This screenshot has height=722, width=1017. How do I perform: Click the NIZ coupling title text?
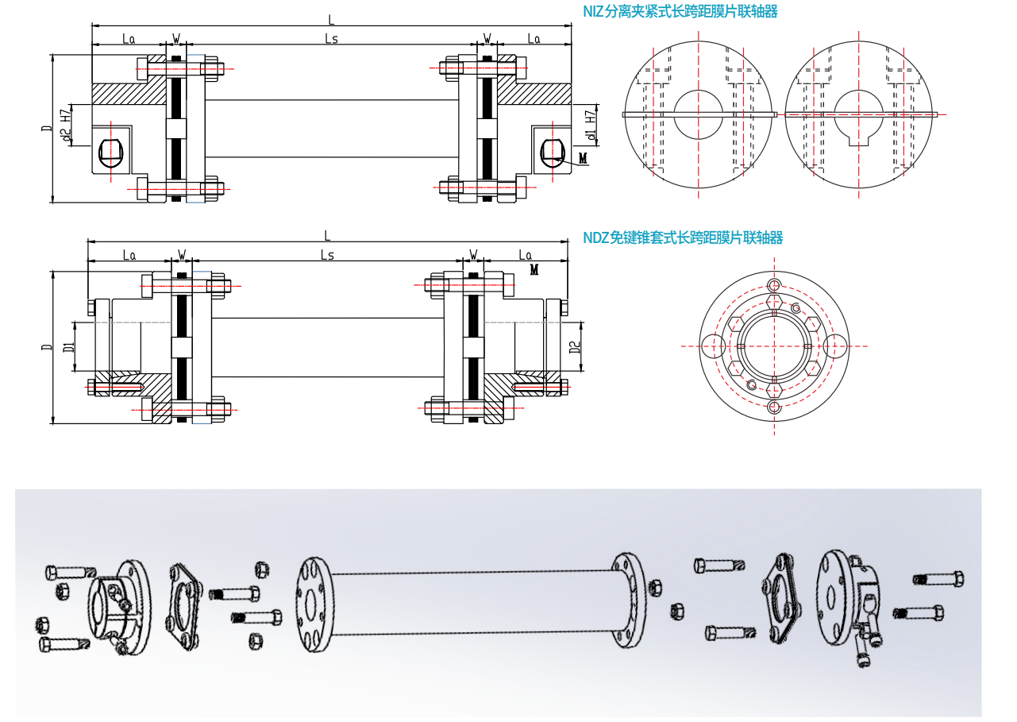pos(680,11)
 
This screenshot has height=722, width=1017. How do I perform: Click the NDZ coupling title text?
pos(683,237)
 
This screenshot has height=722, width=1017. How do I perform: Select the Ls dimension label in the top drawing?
pos(331,39)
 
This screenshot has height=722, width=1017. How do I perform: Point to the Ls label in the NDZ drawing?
pos(327,255)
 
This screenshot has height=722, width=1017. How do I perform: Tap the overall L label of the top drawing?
pos(331,20)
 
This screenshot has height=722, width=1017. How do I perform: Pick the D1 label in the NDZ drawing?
pos(69,347)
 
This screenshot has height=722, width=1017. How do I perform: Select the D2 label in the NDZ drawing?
pos(575,347)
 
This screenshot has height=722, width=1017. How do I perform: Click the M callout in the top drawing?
pos(583,157)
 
